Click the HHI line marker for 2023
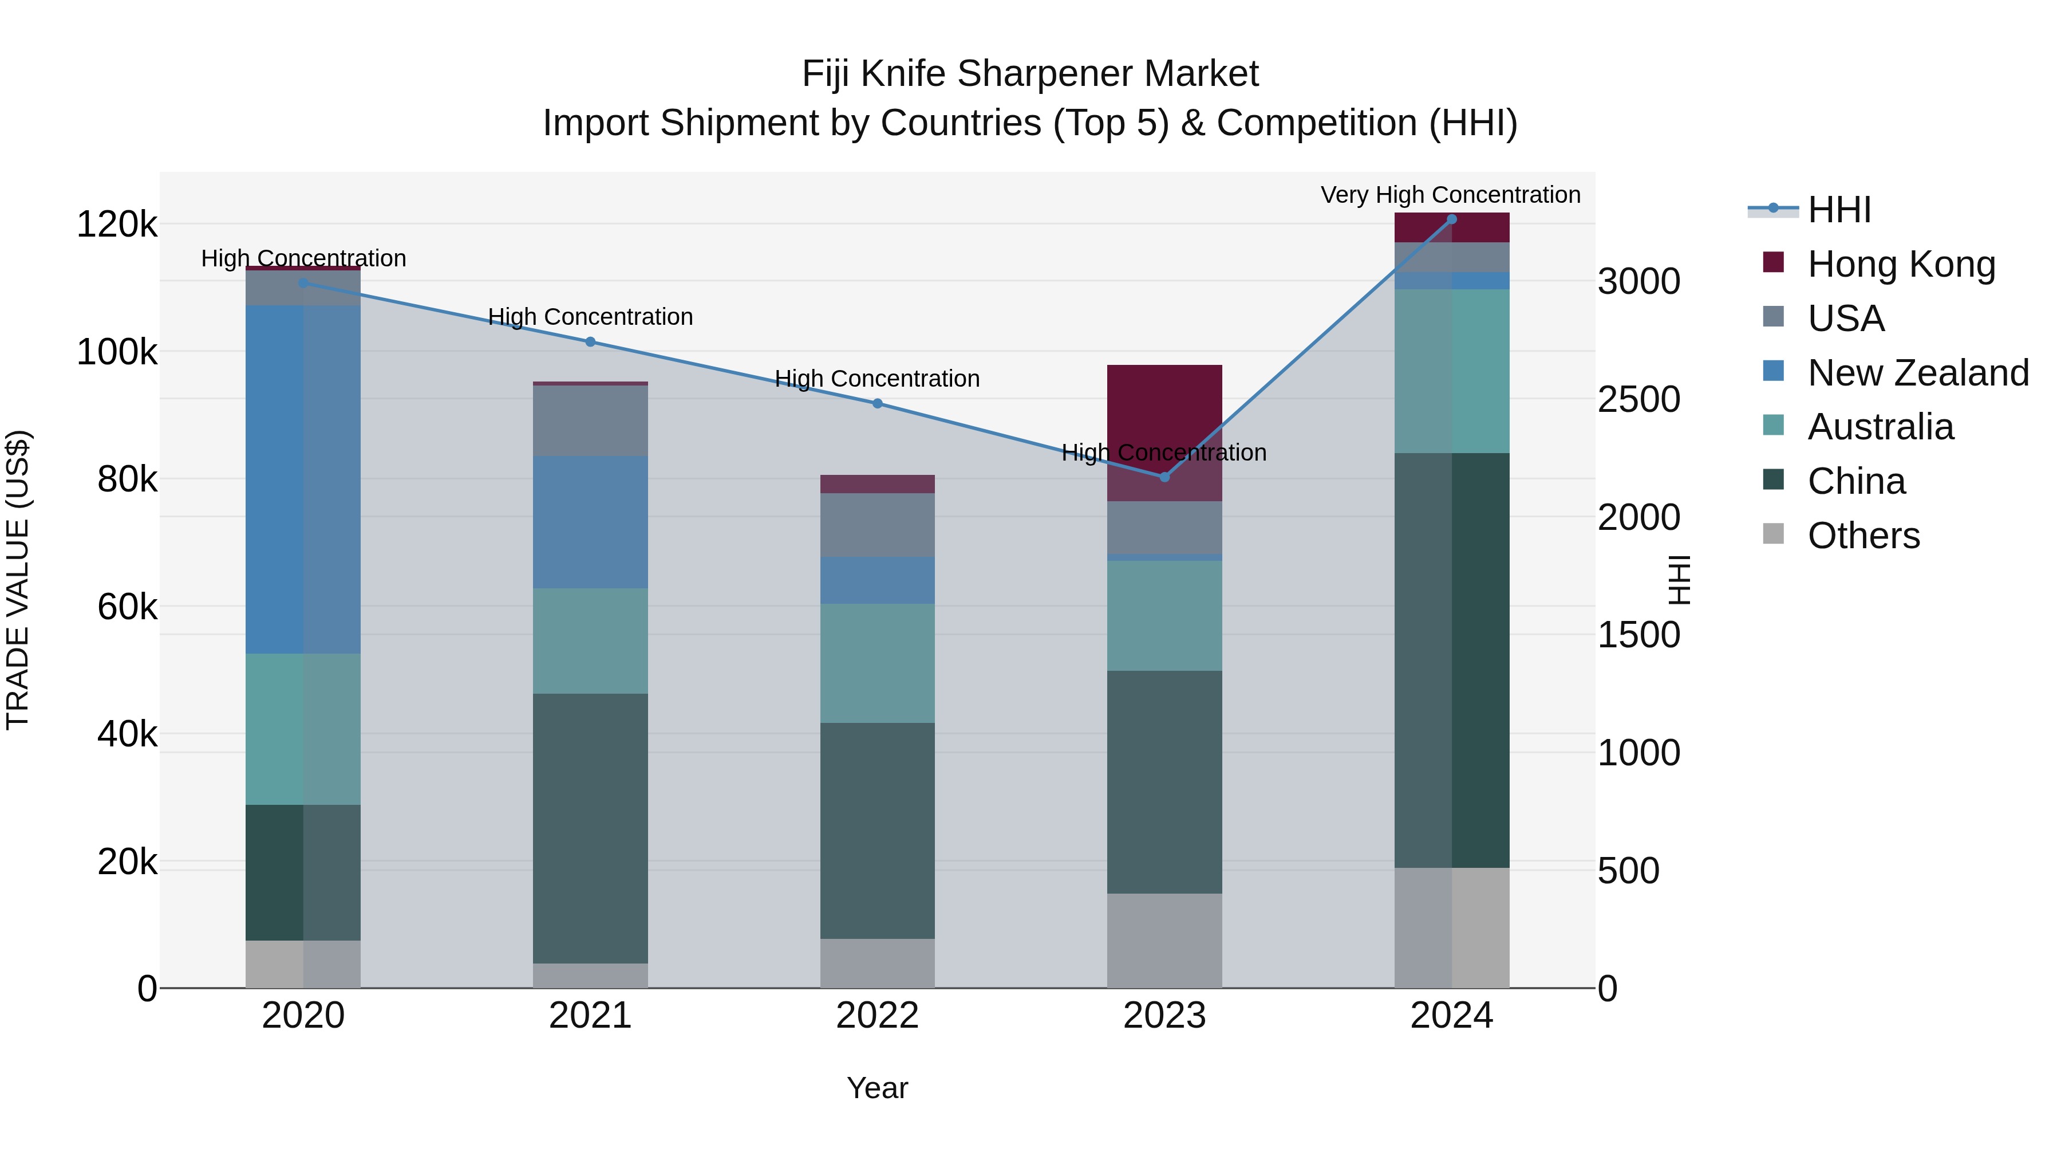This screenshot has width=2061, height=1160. (x=1164, y=477)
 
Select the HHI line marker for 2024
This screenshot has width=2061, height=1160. (x=1451, y=219)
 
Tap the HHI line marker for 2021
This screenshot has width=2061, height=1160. (x=590, y=342)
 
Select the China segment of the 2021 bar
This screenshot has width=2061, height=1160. (x=590, y=828)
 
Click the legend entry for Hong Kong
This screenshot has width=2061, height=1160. (x=1900, y=264)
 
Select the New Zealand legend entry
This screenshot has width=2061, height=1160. (x=1917, y=373)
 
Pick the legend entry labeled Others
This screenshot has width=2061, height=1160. (x=1862, y=536)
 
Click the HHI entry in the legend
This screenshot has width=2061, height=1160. (x=1838, y=210)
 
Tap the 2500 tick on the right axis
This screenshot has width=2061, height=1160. (x=1638, y=399)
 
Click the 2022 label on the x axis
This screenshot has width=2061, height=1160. (x=877, y=1016)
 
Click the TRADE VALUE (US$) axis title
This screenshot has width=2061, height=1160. (x=18, y=580)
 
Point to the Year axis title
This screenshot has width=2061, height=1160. (x=877, y=1088)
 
